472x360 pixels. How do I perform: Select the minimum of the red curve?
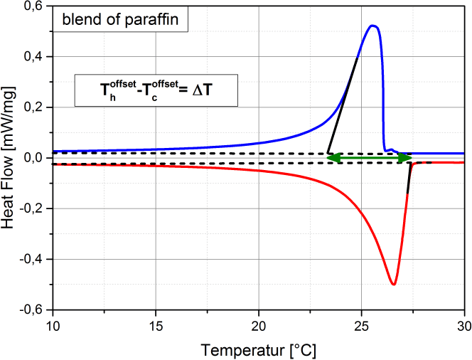coord(393,284)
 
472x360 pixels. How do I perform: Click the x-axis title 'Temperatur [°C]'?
coord(259,350)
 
